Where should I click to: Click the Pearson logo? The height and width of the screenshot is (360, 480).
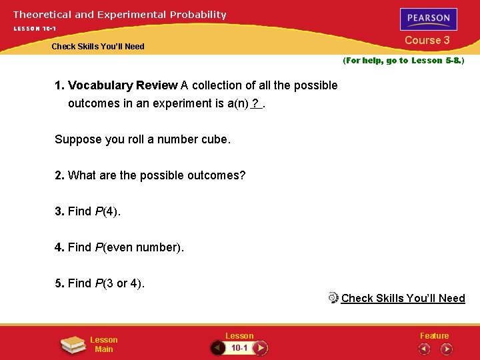pos(429,19)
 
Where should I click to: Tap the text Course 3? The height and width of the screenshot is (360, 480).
pos(427,40)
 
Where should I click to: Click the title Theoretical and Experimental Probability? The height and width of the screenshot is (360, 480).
pos(120,14)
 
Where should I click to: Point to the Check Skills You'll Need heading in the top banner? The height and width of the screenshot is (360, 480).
pos(98,47)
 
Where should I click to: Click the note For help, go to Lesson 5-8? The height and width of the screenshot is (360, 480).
pos(403,61)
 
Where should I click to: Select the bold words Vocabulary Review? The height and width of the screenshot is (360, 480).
pos(123,85)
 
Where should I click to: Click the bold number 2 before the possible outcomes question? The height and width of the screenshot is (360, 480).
pos(59,175)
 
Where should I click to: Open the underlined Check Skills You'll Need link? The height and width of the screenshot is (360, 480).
pos(403,298)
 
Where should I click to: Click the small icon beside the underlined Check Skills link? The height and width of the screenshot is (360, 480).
pos(334,297)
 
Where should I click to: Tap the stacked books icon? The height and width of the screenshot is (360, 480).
pos(72,345)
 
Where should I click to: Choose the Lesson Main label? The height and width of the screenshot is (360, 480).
pos(103,345)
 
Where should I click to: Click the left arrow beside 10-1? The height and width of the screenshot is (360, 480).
pos(217,347)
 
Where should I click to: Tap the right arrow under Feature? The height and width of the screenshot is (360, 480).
pos(446,348)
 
